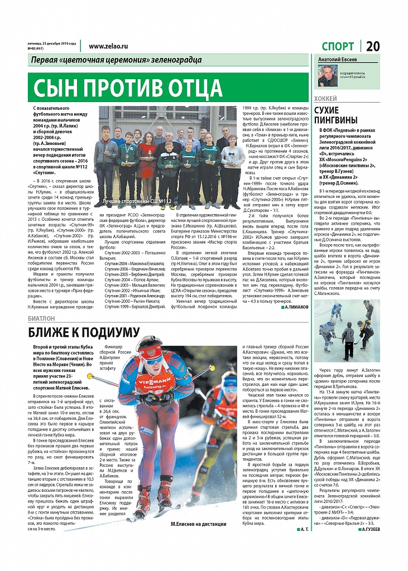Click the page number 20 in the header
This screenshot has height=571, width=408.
373,46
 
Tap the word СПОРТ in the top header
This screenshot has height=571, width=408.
338,46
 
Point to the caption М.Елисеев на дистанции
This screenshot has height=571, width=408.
198,524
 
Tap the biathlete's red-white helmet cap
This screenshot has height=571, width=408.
150,351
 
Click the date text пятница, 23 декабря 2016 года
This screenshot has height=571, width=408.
52,43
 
